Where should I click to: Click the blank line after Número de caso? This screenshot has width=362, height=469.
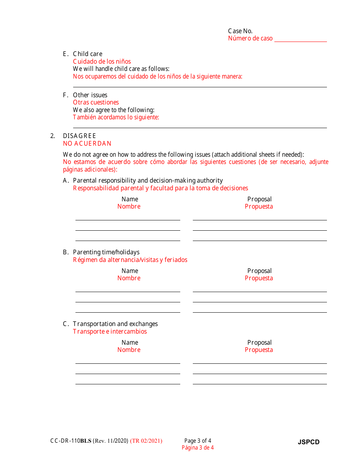point(300,39)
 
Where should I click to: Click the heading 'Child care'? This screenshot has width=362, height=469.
point(88,54)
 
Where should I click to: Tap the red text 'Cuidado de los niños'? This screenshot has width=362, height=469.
point(102,61)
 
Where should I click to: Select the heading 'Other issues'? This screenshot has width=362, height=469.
point(90,95)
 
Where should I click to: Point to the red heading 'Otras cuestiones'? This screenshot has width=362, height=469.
point(96,102)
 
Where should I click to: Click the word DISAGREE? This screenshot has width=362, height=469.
point(79,136)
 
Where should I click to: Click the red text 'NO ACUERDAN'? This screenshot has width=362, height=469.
point(87,143)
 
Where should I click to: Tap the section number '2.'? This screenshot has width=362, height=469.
point(53,136)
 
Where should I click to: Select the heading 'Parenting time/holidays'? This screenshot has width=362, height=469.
point(106,252)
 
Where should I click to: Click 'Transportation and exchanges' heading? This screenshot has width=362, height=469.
point(115,324)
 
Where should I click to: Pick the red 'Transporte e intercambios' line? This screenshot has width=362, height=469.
point(110,331)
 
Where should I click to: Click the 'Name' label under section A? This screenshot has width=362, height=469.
point(130,199)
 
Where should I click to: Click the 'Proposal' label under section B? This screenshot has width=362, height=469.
point(259,271)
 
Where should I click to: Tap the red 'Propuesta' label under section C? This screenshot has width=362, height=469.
point(259,350)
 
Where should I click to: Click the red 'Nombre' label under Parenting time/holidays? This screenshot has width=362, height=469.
point(129,278)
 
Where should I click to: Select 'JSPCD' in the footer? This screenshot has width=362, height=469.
point(309,442)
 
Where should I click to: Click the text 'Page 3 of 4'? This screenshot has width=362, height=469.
point(198,441)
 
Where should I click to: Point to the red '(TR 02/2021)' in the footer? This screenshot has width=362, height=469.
point(146,441)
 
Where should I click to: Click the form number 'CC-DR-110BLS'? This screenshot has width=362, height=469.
point(70,441)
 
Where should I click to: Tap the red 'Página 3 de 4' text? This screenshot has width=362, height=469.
point(198,448)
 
